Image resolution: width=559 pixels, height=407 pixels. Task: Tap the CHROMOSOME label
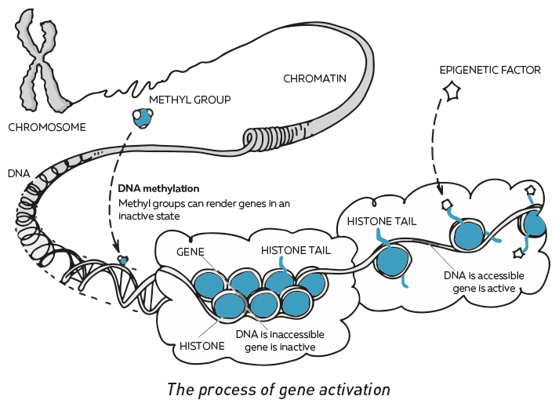pos(46,127)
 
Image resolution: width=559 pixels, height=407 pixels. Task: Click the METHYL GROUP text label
pos(190,100)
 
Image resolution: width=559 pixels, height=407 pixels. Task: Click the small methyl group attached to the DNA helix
pos(122,258)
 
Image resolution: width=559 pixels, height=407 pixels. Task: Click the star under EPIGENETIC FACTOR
pos(452,92)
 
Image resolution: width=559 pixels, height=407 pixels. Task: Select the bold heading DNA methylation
pos(158,189)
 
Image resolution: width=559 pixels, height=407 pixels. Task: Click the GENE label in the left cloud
pos(191,252)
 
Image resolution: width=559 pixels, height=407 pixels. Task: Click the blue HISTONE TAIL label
pos(296,251)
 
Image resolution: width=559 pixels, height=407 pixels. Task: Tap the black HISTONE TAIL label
pos(382,221)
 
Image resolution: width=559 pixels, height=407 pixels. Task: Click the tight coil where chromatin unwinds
pos(256,141)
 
